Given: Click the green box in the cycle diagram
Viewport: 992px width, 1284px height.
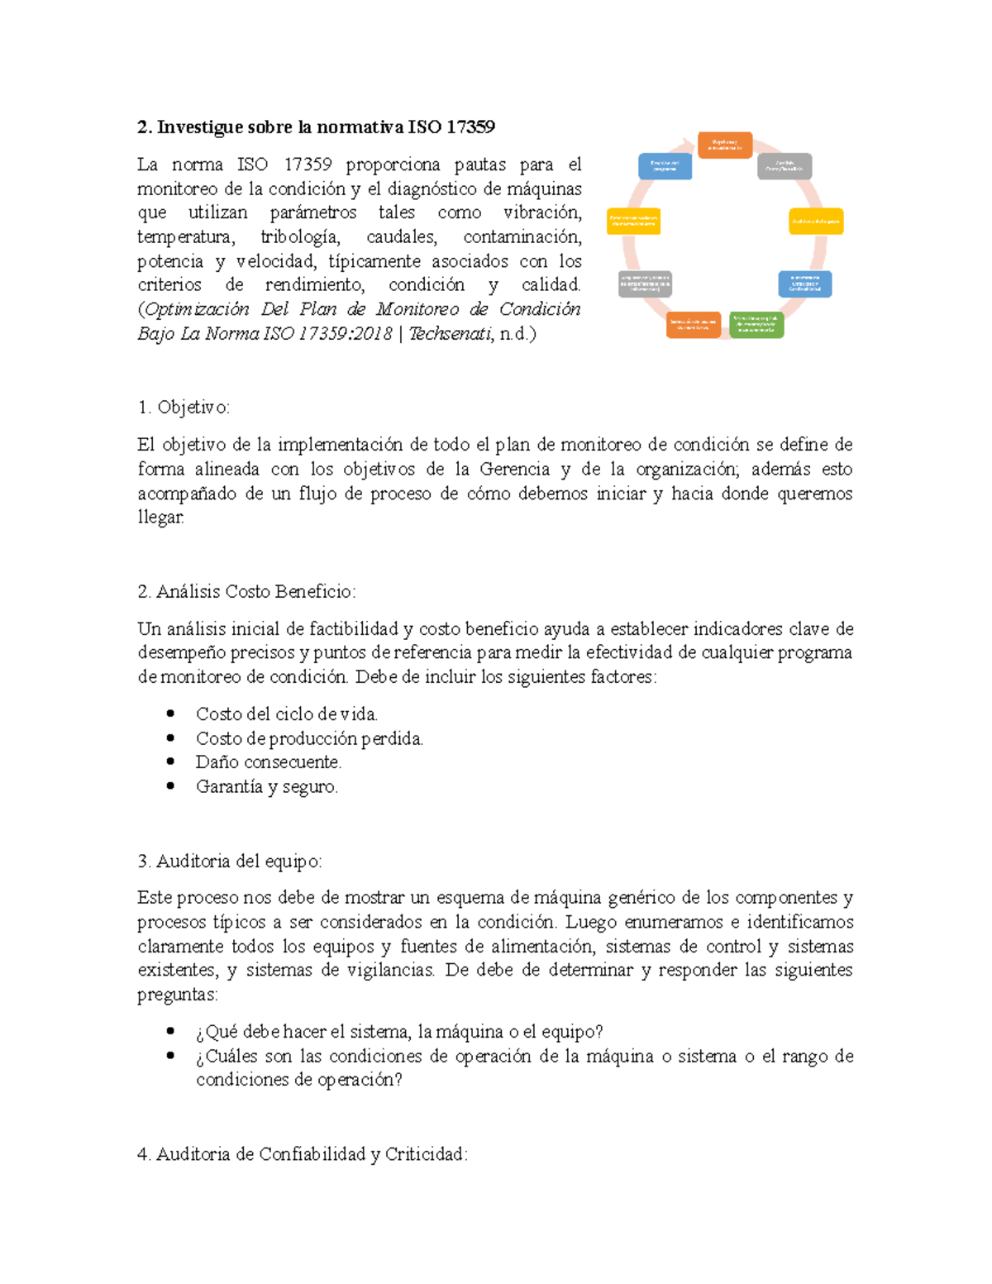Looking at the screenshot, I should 756,325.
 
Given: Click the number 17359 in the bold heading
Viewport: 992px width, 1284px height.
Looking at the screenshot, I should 470,127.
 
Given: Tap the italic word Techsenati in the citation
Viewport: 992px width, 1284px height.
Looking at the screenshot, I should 451,334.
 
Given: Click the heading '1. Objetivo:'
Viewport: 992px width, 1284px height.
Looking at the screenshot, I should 184,407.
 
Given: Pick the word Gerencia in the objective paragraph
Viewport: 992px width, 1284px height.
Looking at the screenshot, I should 514,470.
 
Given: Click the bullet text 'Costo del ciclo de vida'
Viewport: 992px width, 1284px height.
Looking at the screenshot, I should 286,714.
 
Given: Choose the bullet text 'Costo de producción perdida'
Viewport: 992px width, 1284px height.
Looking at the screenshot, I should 309,738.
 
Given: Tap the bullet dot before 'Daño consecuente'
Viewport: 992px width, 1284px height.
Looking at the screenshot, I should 170,761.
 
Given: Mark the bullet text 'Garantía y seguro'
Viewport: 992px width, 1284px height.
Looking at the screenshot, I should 266,786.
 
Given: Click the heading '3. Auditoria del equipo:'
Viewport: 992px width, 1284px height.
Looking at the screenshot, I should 230,862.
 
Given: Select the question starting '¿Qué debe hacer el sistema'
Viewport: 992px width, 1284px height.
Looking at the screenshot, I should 399,1032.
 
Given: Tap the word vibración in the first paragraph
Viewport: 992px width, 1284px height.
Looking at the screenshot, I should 542,212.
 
